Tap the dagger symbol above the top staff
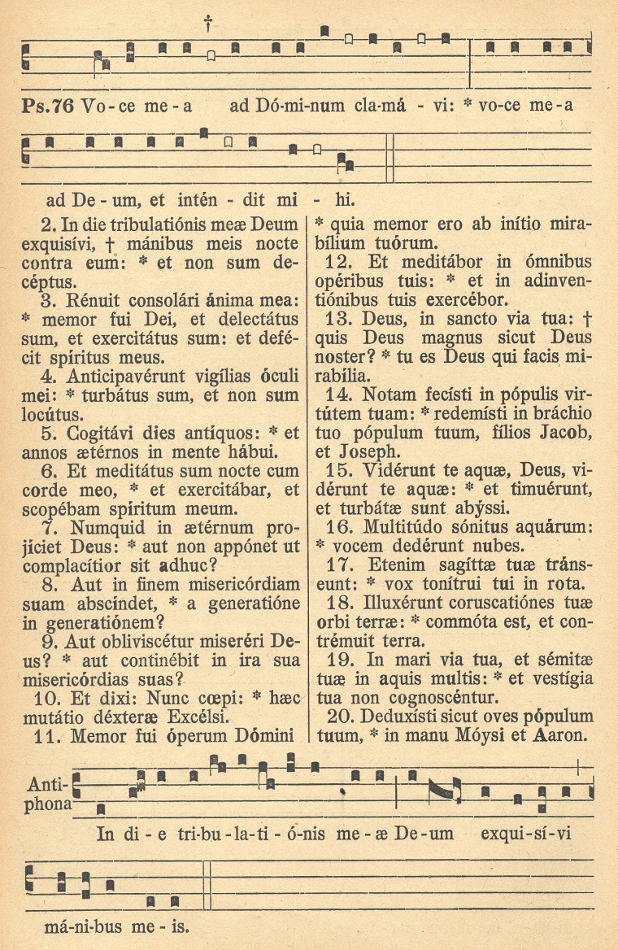[208, 24]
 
